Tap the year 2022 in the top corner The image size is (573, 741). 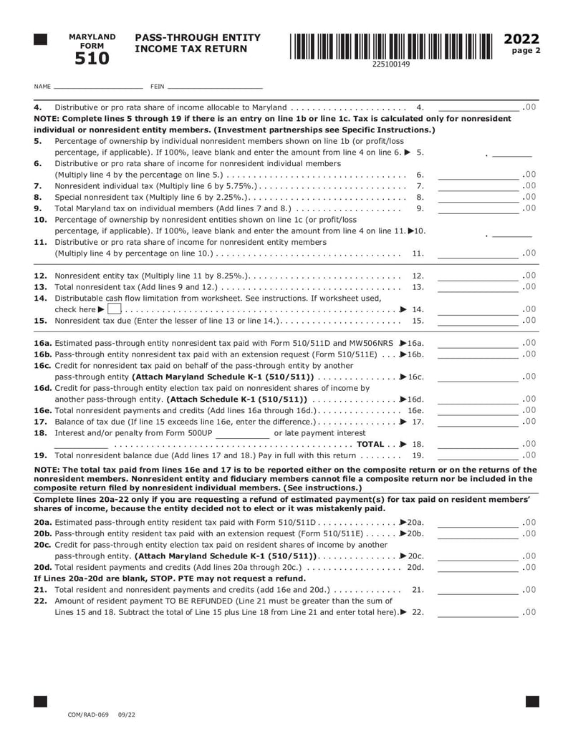point(522,39)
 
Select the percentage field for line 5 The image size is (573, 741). point(512,152)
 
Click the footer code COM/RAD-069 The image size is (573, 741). point(87,715)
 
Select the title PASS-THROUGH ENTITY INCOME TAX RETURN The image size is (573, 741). point(198,43)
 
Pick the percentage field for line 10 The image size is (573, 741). point(512,231)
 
